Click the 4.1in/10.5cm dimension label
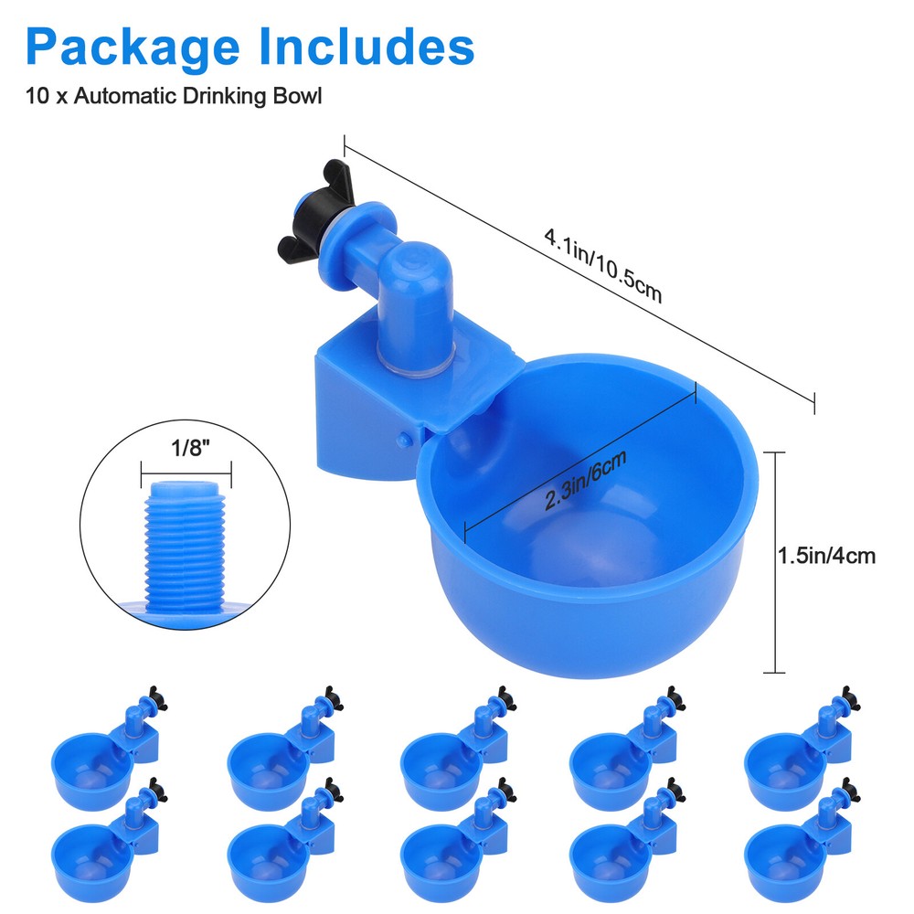click(x=601, y=265)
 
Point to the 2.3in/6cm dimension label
click(x=585, y=481)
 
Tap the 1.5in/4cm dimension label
click(x=826, y=555)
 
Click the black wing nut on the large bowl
click(x=302, y=211)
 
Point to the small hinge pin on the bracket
click(x=402, y=440)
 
